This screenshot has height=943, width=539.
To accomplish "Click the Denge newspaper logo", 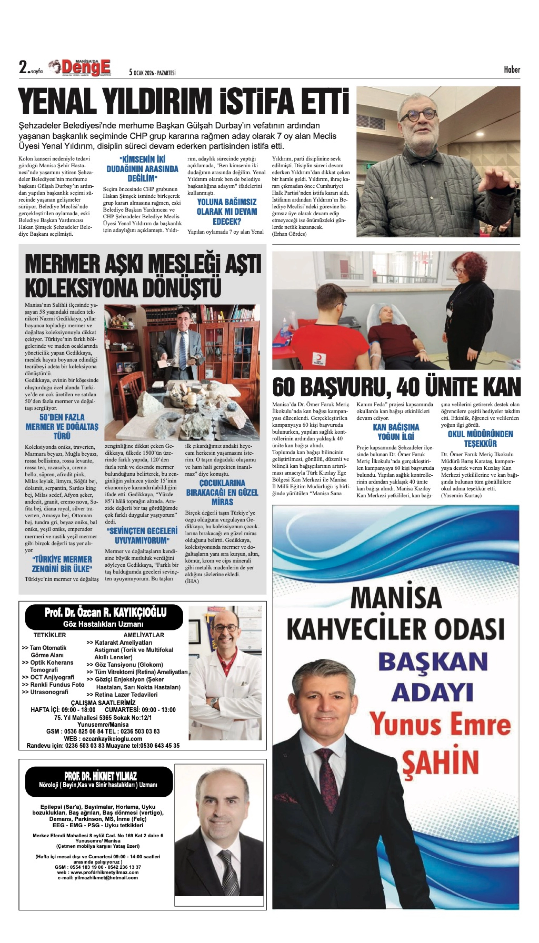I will tap(85, 68).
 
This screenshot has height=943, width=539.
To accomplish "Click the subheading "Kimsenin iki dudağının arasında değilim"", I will tap(142, 169).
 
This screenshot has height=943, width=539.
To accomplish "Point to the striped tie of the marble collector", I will tap(182, 350).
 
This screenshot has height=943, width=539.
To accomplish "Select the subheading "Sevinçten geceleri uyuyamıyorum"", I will tap(142, 535).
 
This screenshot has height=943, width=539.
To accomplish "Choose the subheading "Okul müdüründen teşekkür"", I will tap(480, 438).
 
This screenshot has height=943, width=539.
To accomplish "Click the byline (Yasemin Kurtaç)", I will tap(461, 495).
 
